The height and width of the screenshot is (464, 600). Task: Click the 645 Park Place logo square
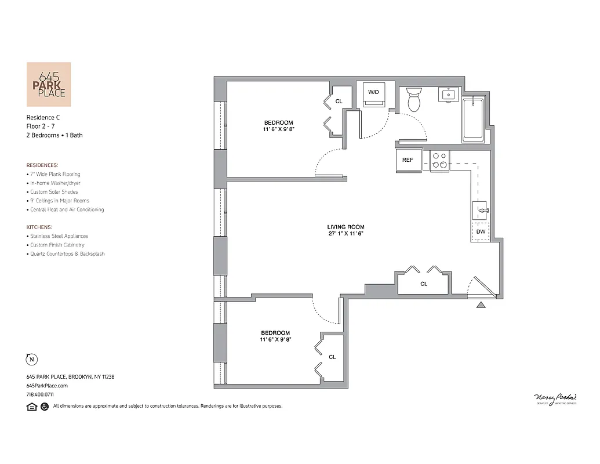(49, 84)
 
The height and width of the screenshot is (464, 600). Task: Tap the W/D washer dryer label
(373, 92)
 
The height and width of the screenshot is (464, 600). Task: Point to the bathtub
(474, 119)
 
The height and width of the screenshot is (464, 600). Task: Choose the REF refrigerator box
(408, 160)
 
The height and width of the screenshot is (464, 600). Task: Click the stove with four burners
(439, 160)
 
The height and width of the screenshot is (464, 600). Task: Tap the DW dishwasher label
(481, 231)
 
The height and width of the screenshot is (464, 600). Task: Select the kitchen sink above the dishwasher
(481, 210)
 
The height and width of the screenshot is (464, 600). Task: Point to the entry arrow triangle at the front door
(481, 305)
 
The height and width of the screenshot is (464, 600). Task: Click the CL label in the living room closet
(424, 284)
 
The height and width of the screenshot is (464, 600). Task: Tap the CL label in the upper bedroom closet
(339, 101)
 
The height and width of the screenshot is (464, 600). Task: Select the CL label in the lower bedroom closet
(332, 357)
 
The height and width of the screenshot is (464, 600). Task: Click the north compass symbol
(31, 360)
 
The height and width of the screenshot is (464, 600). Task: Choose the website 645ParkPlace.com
(47, 386)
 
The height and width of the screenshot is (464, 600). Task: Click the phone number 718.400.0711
(40, 394)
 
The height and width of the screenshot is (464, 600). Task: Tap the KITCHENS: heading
(39, 227)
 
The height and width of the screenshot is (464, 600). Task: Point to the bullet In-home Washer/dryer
(55, 183)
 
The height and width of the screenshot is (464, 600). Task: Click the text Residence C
(43, 117)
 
